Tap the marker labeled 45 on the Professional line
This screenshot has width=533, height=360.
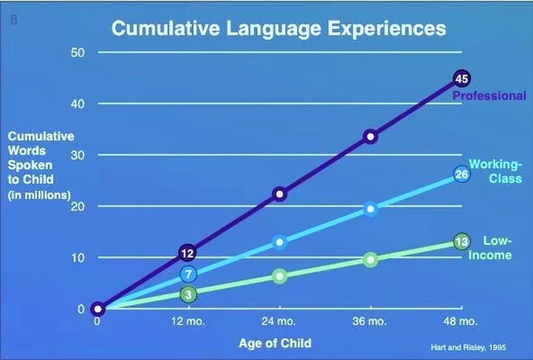click(x=462, y=78)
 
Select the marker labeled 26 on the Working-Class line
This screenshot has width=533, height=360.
click(x=462, y=175)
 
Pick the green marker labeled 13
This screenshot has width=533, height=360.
click(x=462, y=242)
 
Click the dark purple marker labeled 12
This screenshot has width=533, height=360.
click(x=188, y=253)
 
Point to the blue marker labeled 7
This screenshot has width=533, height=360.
click(x=188, y=274)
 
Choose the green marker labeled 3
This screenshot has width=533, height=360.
click(x=188, y=294)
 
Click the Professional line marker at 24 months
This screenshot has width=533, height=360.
click(x=280, y=194)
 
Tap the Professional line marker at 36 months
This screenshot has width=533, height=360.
click(x=371, y=137)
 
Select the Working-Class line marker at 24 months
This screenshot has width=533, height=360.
click(x=280, y=242)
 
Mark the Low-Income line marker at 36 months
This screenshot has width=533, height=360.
click(x=371, y=259)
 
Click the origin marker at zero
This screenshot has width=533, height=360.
click(x=98, y=309)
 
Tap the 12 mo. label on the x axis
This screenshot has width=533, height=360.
click(x=189, y=322)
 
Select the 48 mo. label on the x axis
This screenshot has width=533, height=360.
click(x=462, y=322)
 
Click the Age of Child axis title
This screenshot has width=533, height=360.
click(x=274, y=343)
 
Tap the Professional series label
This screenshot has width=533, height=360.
click(x=488, y=96)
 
